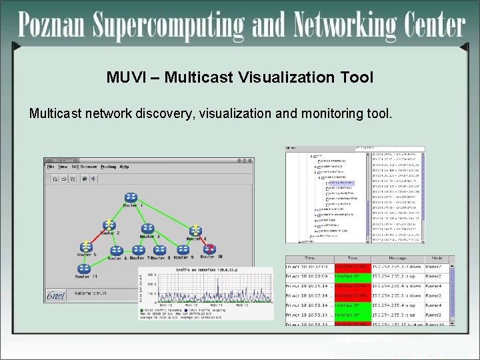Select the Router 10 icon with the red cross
click(209, 249)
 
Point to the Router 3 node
click(149, 229)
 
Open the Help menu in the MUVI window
click(124, 167)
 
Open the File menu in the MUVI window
click(51, 167)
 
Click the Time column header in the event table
click(309, 259)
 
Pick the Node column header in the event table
click(436, 259)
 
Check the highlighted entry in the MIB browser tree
click(340, 183)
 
